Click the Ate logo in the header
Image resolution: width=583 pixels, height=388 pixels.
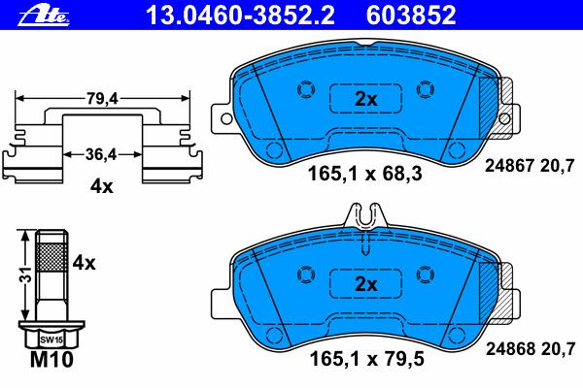click(x=45, y=16)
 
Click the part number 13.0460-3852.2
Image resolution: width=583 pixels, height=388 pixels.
click(x=241, y=16)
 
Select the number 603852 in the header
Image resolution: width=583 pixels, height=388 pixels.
click(x=411, y=16)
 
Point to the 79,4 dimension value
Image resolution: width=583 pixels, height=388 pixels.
click(x=102, y=98)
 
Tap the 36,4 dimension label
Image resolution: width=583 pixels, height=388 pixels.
click(x=101, y=154)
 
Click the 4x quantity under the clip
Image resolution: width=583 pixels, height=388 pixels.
click(x=101, y=186)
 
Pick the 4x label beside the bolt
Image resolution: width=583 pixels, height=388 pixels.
click(x=84, y=263)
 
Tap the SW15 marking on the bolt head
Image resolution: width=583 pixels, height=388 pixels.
click(x=51, y=339)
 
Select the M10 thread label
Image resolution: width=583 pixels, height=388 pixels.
click(x=51, y=360)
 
